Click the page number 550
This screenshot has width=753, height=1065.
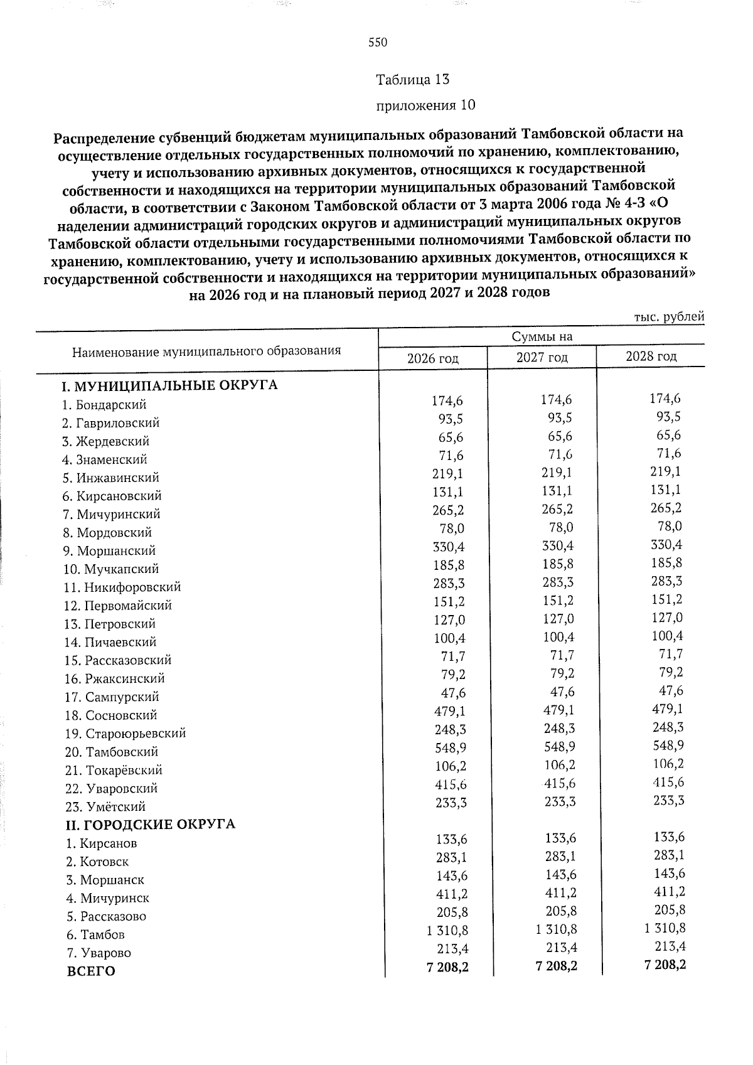pos(378,43)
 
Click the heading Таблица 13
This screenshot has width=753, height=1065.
pos(412,80)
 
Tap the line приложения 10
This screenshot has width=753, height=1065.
pos(425,105)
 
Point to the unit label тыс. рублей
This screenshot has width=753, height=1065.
pos(669,317)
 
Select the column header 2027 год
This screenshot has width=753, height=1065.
pos(542,358)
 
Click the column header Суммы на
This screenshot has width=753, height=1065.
pos(542,337)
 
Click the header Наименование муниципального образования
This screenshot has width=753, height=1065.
pos(207,351)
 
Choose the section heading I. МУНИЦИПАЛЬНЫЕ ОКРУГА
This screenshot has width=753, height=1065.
pos(168,385)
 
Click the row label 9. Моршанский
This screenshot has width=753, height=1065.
pos(110,551)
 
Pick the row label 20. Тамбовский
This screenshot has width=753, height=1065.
pos(112,752)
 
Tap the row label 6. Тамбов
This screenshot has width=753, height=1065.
pos(95,934)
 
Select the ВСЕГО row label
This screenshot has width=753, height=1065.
pos(91,971)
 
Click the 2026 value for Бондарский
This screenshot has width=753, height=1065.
pos(447,400)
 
